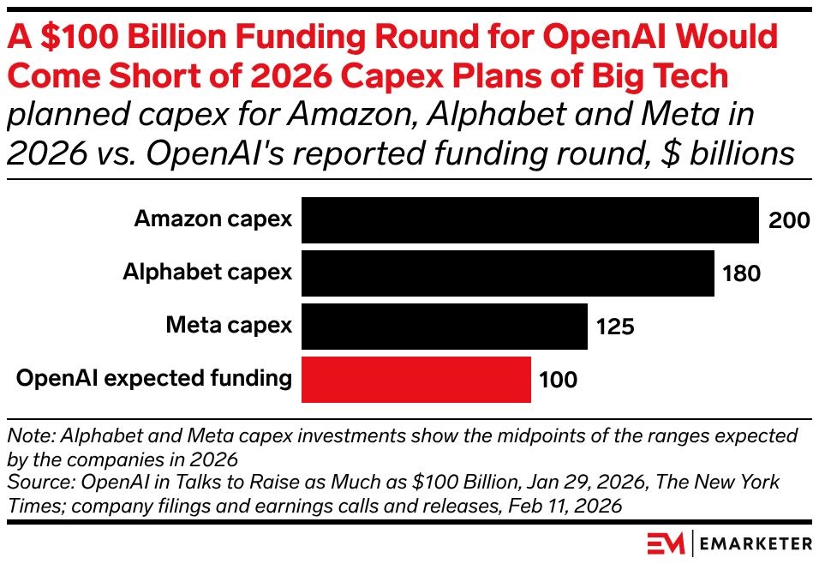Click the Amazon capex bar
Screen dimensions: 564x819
tap(530, 220)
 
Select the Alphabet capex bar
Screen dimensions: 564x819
tap(508, 273)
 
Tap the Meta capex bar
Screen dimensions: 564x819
tap(445, 327)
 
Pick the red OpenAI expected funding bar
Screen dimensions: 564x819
tap(416, 379)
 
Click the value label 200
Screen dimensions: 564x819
tap(789, 221)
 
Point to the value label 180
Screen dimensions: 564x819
tap(741, 274)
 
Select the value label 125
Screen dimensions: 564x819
tap(614, 327)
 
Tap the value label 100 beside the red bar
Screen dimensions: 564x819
tap(558, 380)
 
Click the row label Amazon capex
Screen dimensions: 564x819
tap(213, 219)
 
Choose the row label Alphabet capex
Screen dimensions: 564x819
tap(207, 273)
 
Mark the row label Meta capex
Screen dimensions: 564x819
tap(229, 326)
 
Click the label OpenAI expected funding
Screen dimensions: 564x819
tap(154, 378)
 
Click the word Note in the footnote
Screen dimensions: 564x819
tap(26, 435)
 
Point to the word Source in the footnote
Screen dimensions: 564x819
tap(34, 482)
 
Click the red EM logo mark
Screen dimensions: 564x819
tap(666, 543)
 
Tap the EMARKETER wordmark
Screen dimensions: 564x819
tap(756, 543)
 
